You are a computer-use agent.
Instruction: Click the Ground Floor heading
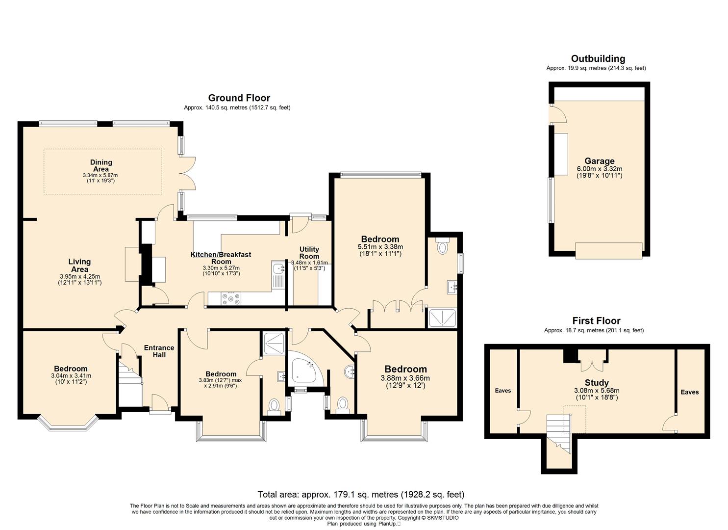(x=239, y=98)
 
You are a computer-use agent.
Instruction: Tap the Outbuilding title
(x=598, y=58)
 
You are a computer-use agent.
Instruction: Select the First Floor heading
(x=597, y=321)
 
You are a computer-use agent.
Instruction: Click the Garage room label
(x=599, y=161)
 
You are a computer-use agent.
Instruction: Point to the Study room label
(x=597, y=383)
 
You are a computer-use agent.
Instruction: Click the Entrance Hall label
(x=159, y=351)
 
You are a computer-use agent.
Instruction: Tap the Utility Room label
(x=309, y=252)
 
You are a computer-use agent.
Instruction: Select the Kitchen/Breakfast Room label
(x=221, y=258)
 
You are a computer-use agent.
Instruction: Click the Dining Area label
(x=101, y=165)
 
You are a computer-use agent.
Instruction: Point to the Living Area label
(x=79, y=265)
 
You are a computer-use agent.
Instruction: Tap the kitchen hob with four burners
(x=231, y=299)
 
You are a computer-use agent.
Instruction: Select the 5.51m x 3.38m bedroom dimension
(x=380, y=247)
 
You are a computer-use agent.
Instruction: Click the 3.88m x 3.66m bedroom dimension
(x=405, y=378)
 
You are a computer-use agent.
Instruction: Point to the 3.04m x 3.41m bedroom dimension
(x=71, y=375)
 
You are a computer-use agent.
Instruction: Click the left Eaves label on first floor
(x=503, y=391)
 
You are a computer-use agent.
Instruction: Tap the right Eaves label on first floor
(x=690, y=392)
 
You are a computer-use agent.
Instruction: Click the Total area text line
(x=361, y=495)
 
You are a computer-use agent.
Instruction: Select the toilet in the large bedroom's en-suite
(x=442, y=246)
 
